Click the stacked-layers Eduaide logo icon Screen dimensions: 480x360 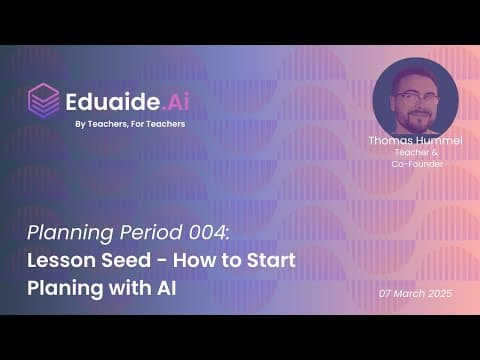[x=44, y=101]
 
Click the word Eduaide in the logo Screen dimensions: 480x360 [x=113, y=102]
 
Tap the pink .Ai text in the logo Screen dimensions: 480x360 [x=176, y=102]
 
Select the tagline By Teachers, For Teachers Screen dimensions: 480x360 [x=130, y=124]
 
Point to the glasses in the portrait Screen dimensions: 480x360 [x=416, y=98]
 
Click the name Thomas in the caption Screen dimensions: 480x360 [x=390, y=140]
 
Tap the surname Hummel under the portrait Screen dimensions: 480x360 [x=438, y=140]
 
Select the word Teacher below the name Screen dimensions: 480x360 [x=412, y=152]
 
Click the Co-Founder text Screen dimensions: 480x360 [x=417, y=164]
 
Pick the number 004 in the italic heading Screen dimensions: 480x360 [x=209, y=232]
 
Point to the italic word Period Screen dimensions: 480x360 [x=151, y=232]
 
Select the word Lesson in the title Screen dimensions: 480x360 [x=62, y=260]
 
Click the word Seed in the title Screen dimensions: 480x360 [x=126, y=260]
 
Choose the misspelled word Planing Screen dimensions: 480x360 [x=65, y=289]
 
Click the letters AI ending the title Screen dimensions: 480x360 [x=166, y=288]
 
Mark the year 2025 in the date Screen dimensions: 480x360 [x=440, y=294]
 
